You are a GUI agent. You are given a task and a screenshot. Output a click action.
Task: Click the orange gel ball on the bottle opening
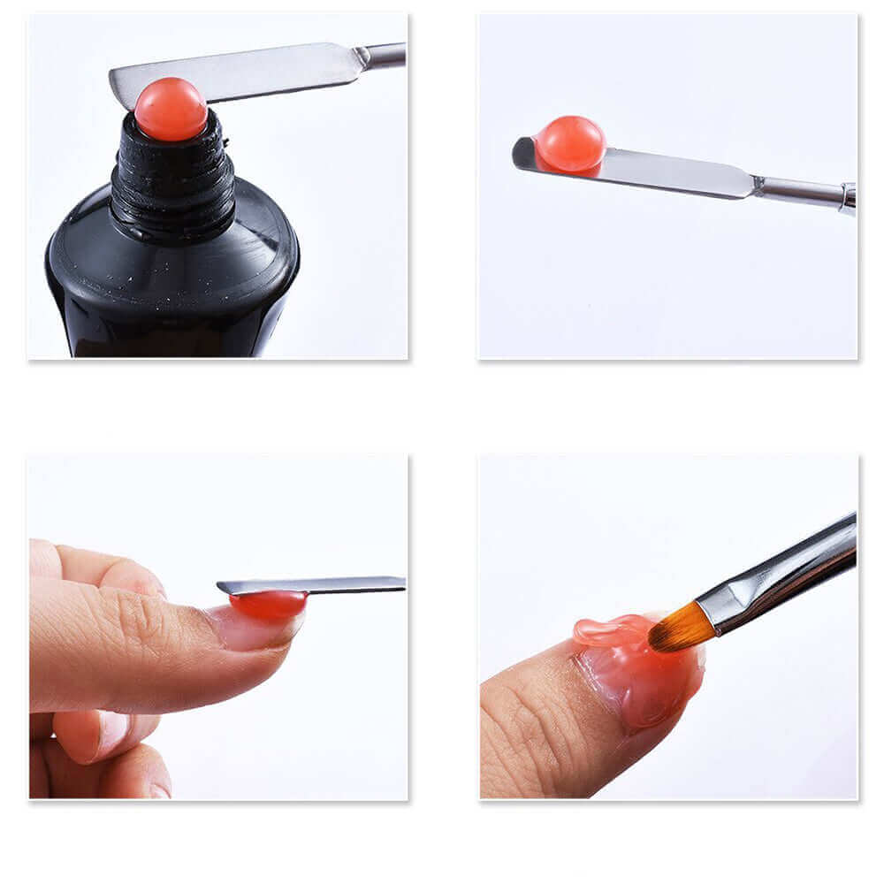tap(171, 110)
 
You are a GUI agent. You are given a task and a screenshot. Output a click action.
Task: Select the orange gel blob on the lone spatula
tap(570, 144)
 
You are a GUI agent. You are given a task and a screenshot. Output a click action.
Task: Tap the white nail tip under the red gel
tap(265, 630)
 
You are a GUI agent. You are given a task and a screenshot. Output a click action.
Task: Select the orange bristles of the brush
tap(681, 630)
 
